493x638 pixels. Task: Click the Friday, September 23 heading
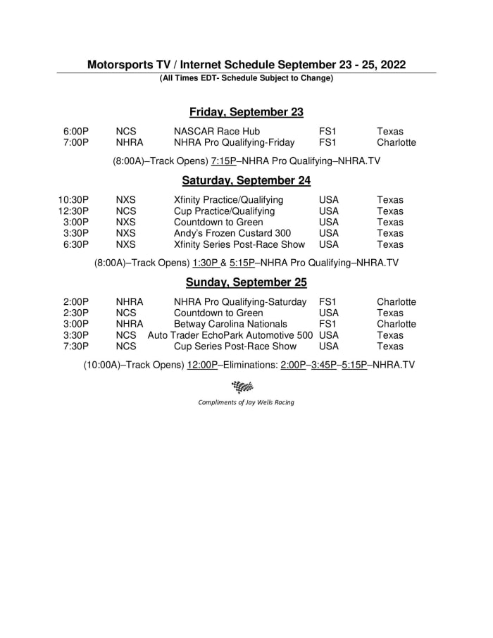(246, 112)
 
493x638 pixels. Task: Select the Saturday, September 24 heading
(246, 180)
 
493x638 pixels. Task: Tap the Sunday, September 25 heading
(246, 282)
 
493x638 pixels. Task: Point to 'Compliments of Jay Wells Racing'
(246, 402)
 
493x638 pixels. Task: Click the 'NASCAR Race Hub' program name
(217, 131)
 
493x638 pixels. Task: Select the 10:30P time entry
(73, 200)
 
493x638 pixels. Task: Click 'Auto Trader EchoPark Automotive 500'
(230, 335)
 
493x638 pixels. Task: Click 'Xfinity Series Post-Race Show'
(239, 244)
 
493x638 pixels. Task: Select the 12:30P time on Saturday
(73, 211)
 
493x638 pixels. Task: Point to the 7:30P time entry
(76, 346)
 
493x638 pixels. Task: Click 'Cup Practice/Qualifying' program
(225, 211)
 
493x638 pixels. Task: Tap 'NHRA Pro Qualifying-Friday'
(235, 142)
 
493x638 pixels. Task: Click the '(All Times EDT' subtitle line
(246, 78)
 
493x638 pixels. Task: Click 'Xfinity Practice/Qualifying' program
(229, 200)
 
